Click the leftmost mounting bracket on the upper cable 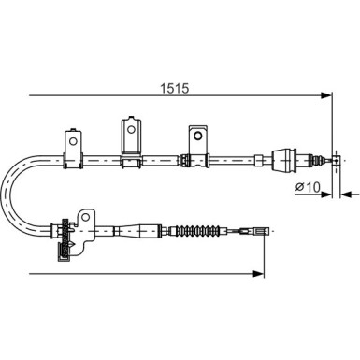point(73,141)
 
